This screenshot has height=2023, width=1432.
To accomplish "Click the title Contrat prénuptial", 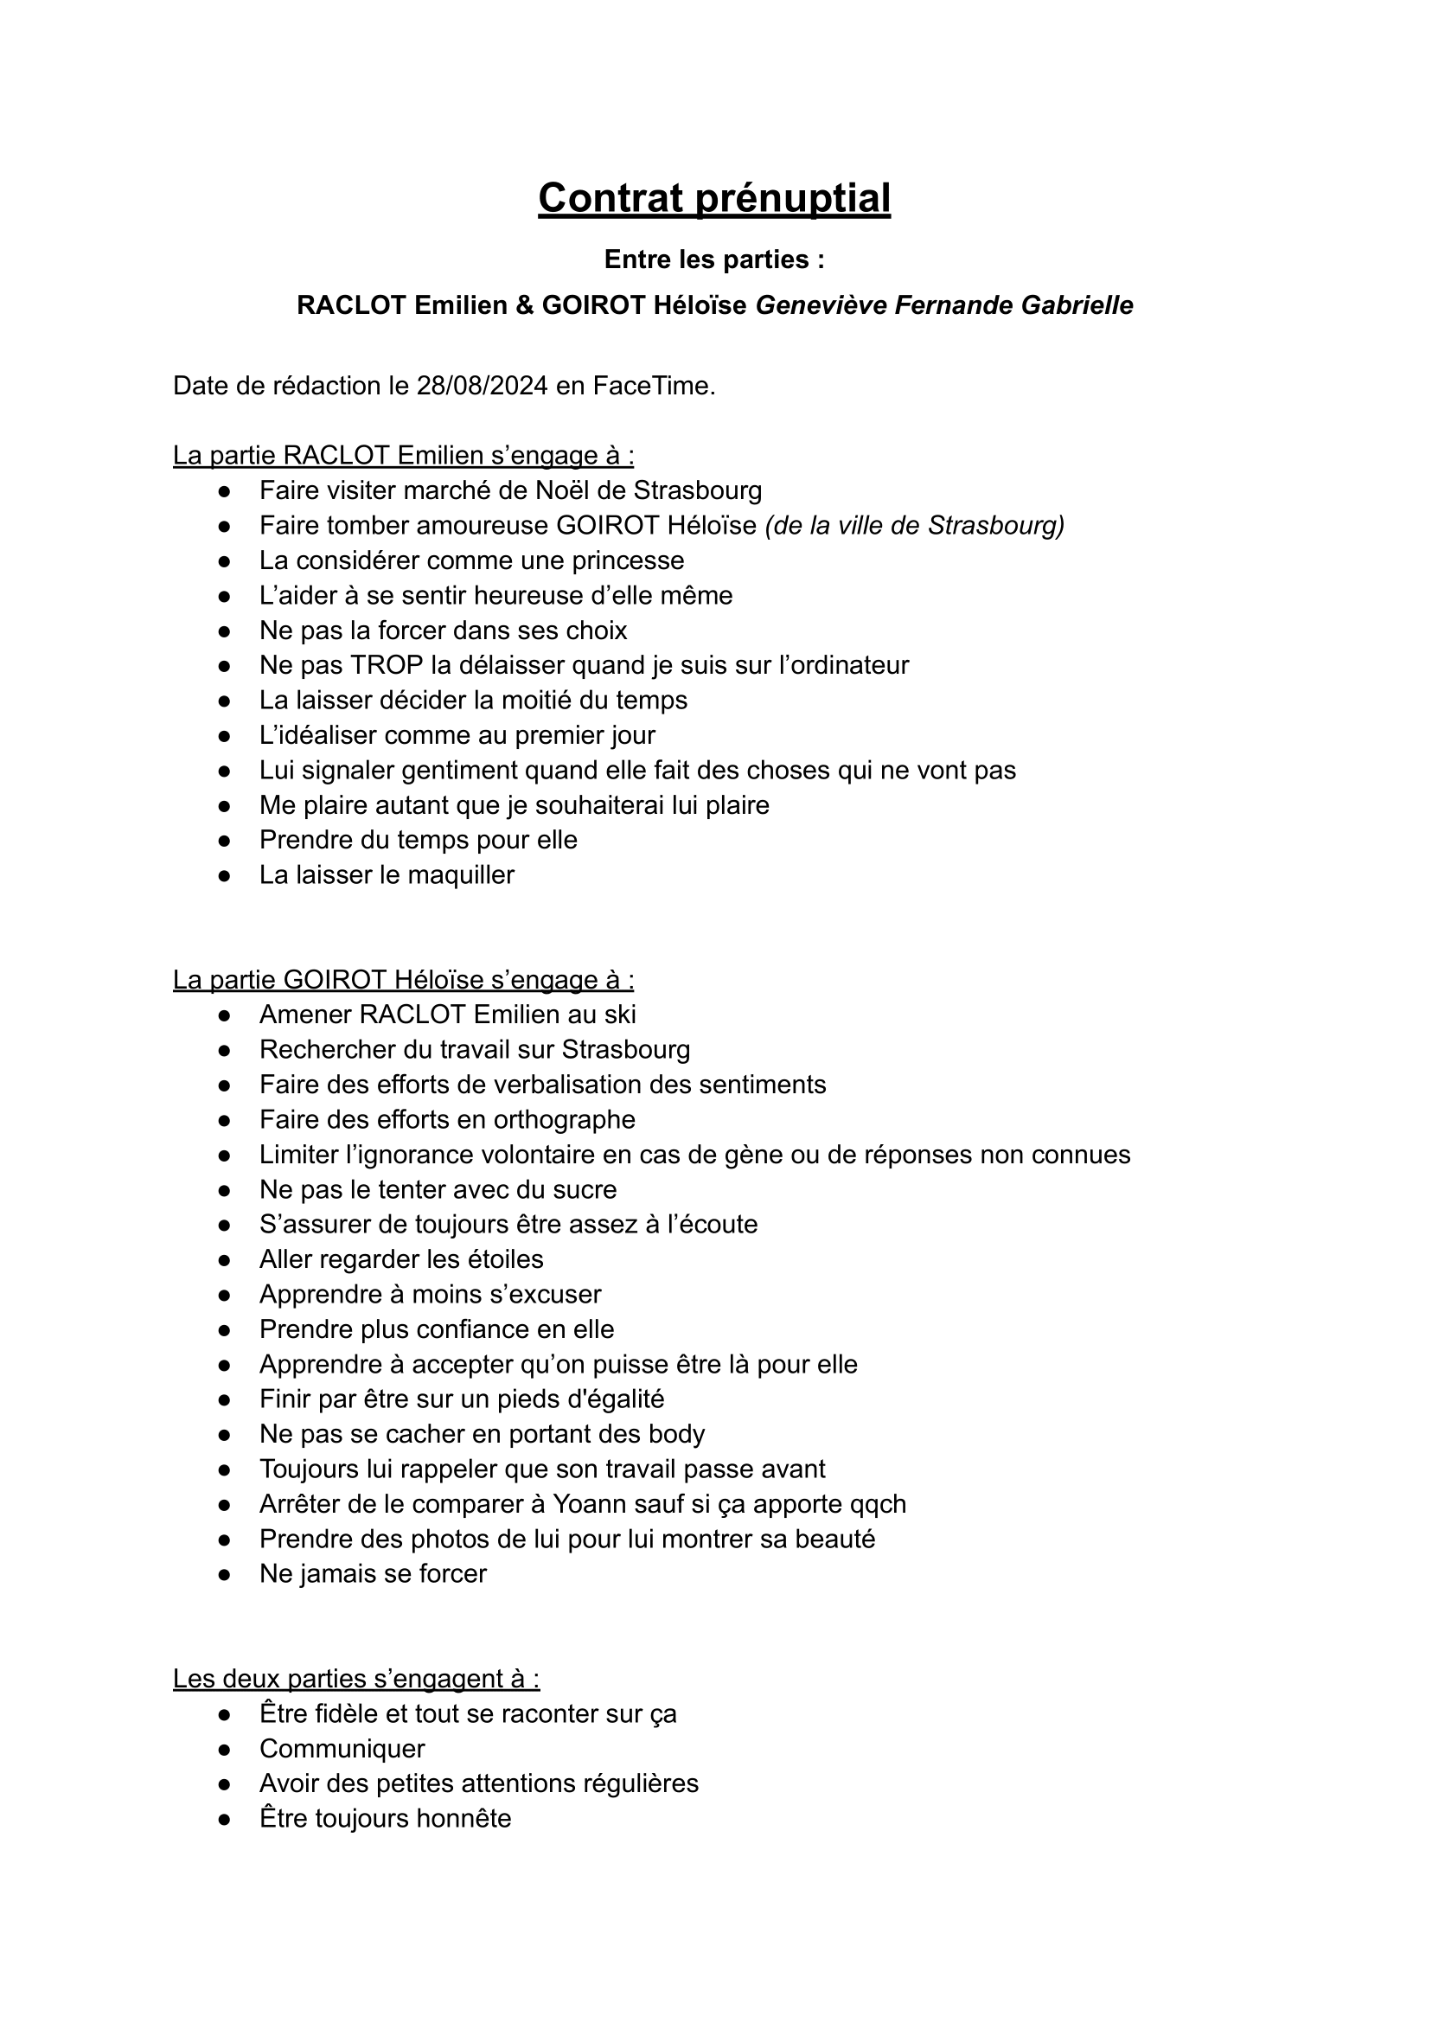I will pyautogui.click(x=714, y=197).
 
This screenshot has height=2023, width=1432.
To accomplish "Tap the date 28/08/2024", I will pyautogui.click(x=483, y=386).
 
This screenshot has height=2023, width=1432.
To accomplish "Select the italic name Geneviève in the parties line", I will pyautogui.click(x=821, y=305).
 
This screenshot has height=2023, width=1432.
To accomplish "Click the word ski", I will pyautogui.click(x=620, y=1015).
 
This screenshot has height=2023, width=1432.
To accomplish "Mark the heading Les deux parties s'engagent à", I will pyautogui.click(x=356, y=1679).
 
